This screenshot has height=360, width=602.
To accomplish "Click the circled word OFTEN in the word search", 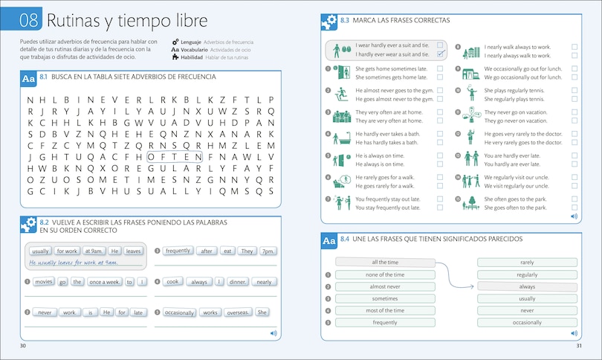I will (175, 157).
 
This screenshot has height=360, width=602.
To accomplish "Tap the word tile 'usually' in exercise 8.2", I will (42, 251).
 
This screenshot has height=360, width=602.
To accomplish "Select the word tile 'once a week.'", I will (103, 282).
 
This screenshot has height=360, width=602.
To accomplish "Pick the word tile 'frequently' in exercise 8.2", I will (178, 251).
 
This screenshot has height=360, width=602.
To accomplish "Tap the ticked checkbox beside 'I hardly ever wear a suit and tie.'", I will (441, 54).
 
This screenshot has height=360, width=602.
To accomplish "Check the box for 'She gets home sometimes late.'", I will (441, 68).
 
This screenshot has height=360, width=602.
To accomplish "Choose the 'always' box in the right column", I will (527, 286).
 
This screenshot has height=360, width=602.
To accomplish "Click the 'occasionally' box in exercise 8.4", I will (527, 323).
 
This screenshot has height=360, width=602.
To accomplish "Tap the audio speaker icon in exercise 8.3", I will (575, 216).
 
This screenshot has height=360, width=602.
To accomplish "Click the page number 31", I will (578, 347).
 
